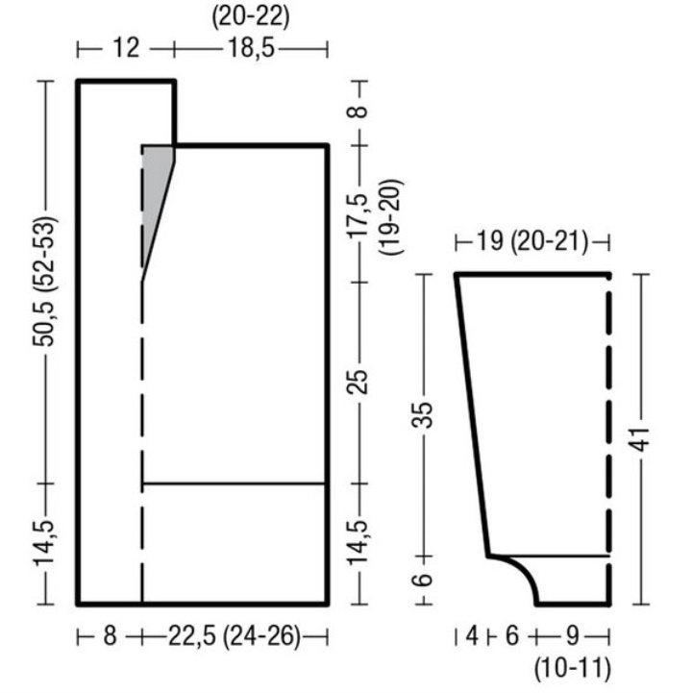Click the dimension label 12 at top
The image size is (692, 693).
click(x=126, y=48)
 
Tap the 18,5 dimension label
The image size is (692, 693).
click(x=251, y=48)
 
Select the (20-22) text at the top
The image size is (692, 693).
click(x=251, y=18)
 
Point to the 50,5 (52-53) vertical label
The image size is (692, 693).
click(x=44, y=282)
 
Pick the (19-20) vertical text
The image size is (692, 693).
click(x=390, y=216)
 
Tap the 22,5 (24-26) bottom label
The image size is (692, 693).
click(x=235, y=637)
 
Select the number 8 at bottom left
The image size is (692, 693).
click(x=110, y=636)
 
